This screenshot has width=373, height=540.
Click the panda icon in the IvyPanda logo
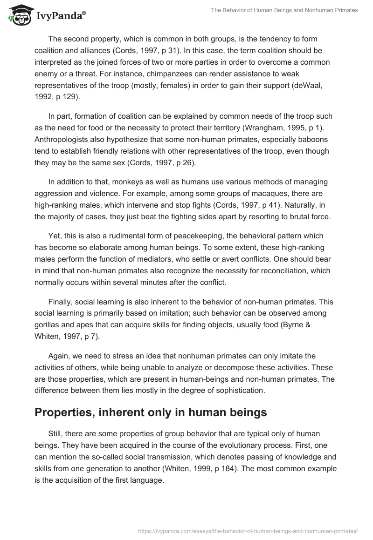click(17, 15)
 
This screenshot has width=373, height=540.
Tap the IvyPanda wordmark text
click(61, 16)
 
